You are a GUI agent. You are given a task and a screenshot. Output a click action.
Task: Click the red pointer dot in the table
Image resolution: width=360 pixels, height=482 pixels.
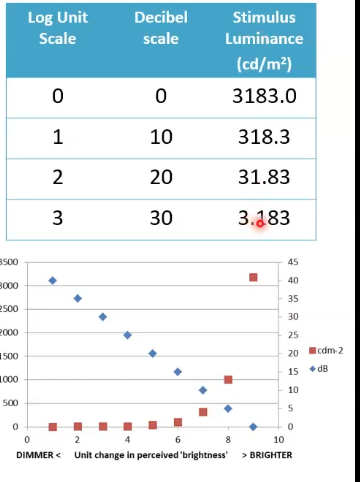(x=260, y=223)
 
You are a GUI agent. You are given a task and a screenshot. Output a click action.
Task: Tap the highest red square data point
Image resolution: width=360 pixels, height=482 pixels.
(x=253, y=277)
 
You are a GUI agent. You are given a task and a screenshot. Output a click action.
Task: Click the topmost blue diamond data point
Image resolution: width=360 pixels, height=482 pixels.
(x=52, y=280)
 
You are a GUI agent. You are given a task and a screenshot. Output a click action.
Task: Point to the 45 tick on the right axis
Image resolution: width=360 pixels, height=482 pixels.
(x=293, y=262)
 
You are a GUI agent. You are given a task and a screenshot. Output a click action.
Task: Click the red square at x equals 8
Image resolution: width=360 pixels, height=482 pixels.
(x=228, y=380)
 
